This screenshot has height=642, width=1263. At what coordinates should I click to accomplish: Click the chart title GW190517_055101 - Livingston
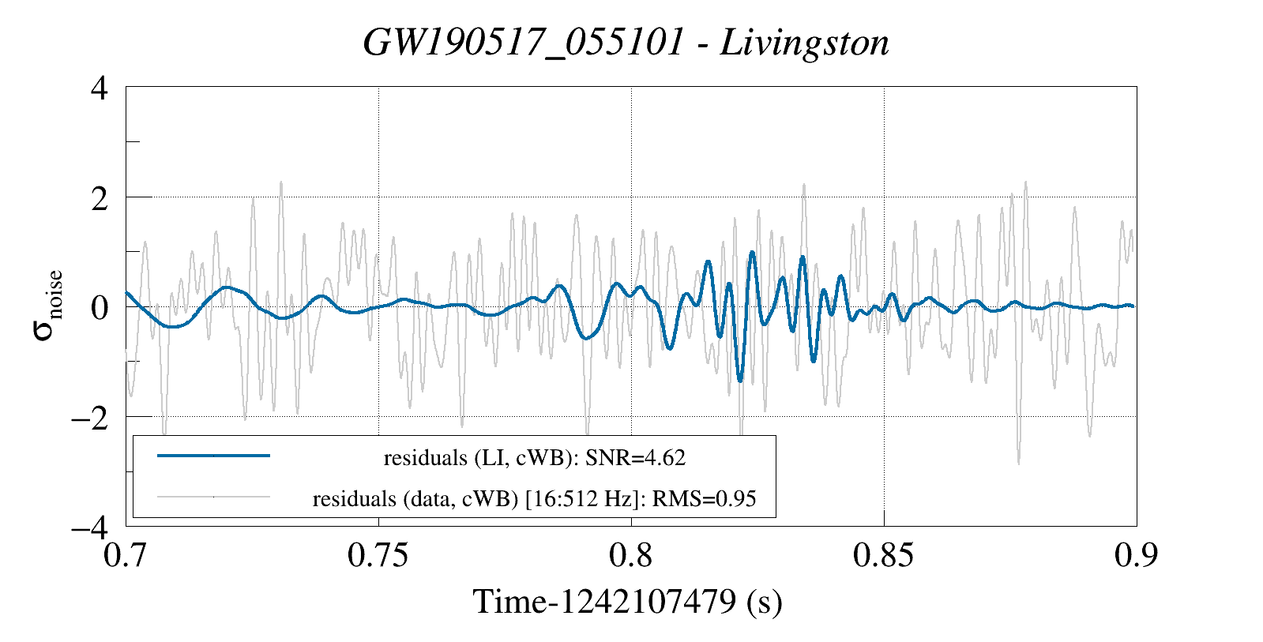tap(626, 43)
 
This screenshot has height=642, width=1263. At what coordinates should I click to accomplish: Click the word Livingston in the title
tap(804, 43)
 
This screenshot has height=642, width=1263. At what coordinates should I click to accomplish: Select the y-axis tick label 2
tap(99, 197)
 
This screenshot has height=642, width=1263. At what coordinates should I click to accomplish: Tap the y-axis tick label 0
tap(99, 307)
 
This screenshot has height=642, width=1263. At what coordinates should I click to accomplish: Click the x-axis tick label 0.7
tap(126, 555)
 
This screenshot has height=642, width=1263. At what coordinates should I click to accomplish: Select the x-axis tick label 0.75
tap(378, 555)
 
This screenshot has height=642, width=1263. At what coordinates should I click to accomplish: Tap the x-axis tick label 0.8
tap(631, 555)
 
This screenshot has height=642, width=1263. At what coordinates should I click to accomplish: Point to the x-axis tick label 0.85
tap(884, 555)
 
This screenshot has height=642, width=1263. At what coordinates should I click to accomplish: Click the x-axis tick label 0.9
tap(1136, 555)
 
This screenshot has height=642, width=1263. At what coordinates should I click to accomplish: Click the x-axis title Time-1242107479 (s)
tap(627, 602)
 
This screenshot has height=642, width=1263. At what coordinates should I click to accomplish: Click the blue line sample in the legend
tap(213, 456)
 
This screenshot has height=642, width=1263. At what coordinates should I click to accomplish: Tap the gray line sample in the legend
tap(213, 497)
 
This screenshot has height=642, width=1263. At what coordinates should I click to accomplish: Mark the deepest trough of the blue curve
tap(740, 381)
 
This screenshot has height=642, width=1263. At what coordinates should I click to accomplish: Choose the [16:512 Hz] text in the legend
tap(581, 499)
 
